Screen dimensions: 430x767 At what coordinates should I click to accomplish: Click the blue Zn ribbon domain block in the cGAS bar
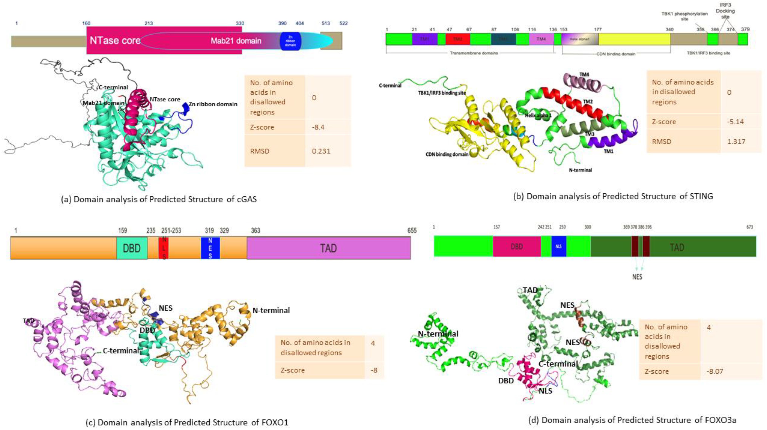coord(290,41)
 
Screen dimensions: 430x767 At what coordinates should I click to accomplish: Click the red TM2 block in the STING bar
coord(458,39)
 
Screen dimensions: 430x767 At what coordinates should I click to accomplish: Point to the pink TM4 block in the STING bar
coord(541,39)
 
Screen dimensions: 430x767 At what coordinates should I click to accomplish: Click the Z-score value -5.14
coord(735,122)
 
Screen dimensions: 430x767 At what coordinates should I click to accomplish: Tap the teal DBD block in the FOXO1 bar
coord(132,248)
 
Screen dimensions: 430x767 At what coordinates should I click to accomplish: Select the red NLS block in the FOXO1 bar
coord(163,248)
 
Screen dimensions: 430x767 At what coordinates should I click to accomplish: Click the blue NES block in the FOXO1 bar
coord(210,248)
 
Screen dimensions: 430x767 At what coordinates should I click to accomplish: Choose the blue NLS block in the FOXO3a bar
coord(559,246)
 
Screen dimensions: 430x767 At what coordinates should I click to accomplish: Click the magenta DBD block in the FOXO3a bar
coord(517,246)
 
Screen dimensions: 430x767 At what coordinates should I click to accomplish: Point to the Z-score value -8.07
coord(715,372)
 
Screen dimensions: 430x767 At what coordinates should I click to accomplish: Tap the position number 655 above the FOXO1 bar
coord(412,230)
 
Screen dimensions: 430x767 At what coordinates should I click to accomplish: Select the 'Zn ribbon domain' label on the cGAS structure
coord(213,104)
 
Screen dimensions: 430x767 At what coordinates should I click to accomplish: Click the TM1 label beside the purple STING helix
coord(608,151)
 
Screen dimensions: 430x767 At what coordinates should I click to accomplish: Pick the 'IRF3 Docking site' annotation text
coord(725,11)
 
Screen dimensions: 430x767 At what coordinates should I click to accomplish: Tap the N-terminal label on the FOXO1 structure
coord(271,310)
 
